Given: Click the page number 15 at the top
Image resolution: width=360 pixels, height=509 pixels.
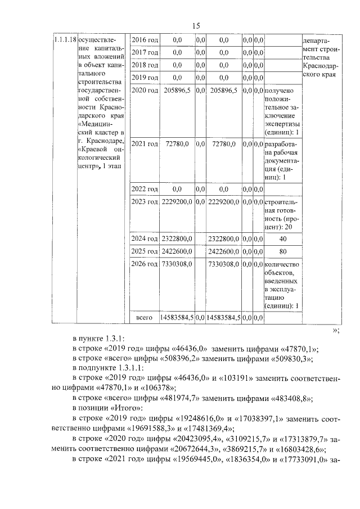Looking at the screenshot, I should (196, 25).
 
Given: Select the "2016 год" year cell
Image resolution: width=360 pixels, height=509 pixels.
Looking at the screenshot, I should (145, 40).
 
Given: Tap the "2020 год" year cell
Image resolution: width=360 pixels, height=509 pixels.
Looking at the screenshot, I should (145, 90).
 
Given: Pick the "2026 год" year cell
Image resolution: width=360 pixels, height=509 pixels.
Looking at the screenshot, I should (145, 263).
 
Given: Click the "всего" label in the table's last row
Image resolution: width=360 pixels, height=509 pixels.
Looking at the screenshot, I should (145, 318).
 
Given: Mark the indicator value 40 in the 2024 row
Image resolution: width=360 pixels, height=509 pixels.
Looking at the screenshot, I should (283, 238).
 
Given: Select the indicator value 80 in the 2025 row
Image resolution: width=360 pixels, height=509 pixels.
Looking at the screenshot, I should (283, 251).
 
